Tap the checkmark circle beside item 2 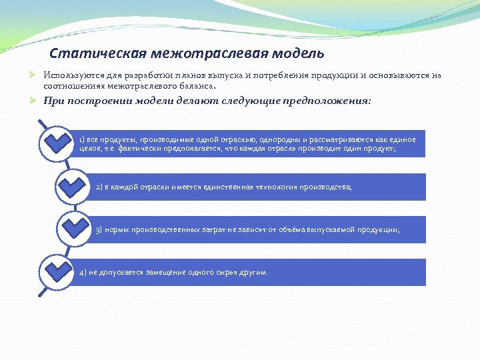click(74, 186)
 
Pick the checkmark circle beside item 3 click(74, 229)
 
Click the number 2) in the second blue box click(99, 187)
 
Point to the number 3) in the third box click(99, 230)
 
